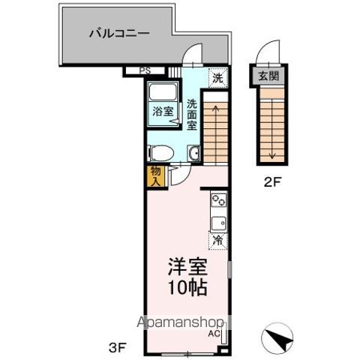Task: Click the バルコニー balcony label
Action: point(119,33)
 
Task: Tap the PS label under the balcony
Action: point(145,72)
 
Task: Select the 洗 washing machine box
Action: point(217,77)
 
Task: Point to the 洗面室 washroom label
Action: point(192,115)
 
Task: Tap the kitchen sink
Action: point(219,223)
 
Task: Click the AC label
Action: point(213,333)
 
